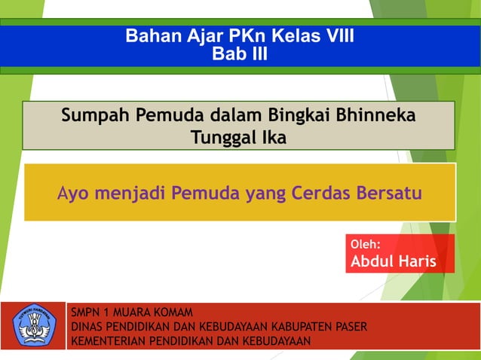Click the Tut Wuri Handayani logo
pyautogui.click(x=34, y=325)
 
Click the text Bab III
pyautogui.click(x=240, y=54)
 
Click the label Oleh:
pyautogui.click(x=366, y=244)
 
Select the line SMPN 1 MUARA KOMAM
pyautogui.click(x=131, y=312)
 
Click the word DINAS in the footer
pyautogui.click(x=85, y=326)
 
